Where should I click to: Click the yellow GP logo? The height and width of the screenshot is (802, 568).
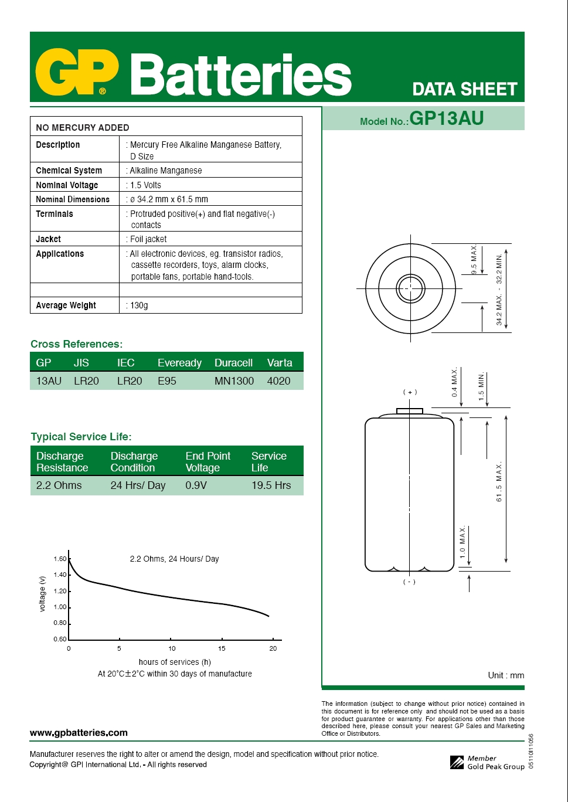coord(77,73)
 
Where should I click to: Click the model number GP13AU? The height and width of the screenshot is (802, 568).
coord(446,118)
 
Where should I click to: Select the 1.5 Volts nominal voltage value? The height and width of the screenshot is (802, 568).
coord(145,185)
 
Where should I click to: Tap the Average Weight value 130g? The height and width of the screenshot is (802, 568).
coord(139,305)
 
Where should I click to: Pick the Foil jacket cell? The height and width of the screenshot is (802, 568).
coord(148,239)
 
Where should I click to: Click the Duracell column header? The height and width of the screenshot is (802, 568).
coord(233,363)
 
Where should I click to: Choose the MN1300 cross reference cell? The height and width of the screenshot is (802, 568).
coord(234,381)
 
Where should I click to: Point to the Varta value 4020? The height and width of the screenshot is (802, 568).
coord(278,381)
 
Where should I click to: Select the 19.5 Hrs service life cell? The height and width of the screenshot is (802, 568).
coord(271,485)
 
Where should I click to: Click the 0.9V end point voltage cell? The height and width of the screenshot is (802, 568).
coord(196,485)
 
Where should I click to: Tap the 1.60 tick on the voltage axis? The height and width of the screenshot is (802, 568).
coord(60,559)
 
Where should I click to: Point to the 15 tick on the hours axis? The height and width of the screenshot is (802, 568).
coord(222,648)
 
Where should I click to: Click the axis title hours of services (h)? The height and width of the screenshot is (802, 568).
coord(175,662)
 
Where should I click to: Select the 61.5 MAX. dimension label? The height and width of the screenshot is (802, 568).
coord(499,482)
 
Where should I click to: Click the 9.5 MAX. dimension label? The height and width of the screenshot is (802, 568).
coord(474,260)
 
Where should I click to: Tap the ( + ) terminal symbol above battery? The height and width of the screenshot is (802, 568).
coord(410,392)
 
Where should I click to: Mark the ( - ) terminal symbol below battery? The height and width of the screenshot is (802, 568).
coord(409,582)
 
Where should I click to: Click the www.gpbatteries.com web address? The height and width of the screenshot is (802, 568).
coord(79,733)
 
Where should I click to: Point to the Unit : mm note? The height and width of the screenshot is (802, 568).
coord(506,675)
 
